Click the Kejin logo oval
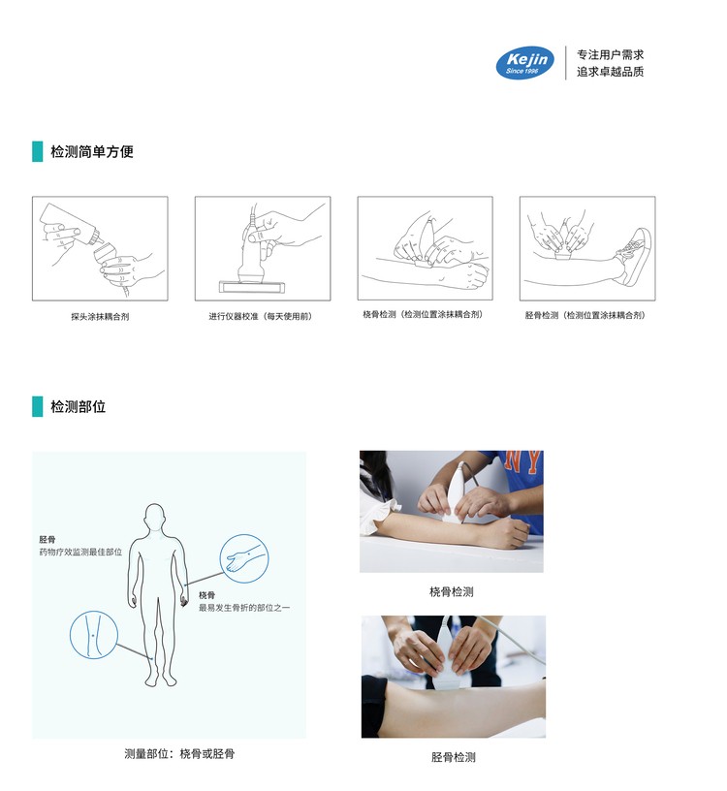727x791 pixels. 524,63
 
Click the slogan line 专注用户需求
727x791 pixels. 610,55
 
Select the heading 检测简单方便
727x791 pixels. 92,151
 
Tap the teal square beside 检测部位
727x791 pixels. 38,406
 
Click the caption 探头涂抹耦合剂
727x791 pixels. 100,316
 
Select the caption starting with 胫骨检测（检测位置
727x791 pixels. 585,315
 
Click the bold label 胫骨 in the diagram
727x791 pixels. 47,538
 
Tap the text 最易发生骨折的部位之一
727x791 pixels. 244,608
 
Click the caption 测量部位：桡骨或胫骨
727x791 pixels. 179,753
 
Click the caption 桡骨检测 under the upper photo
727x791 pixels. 451,591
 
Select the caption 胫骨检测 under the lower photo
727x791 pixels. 453,757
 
